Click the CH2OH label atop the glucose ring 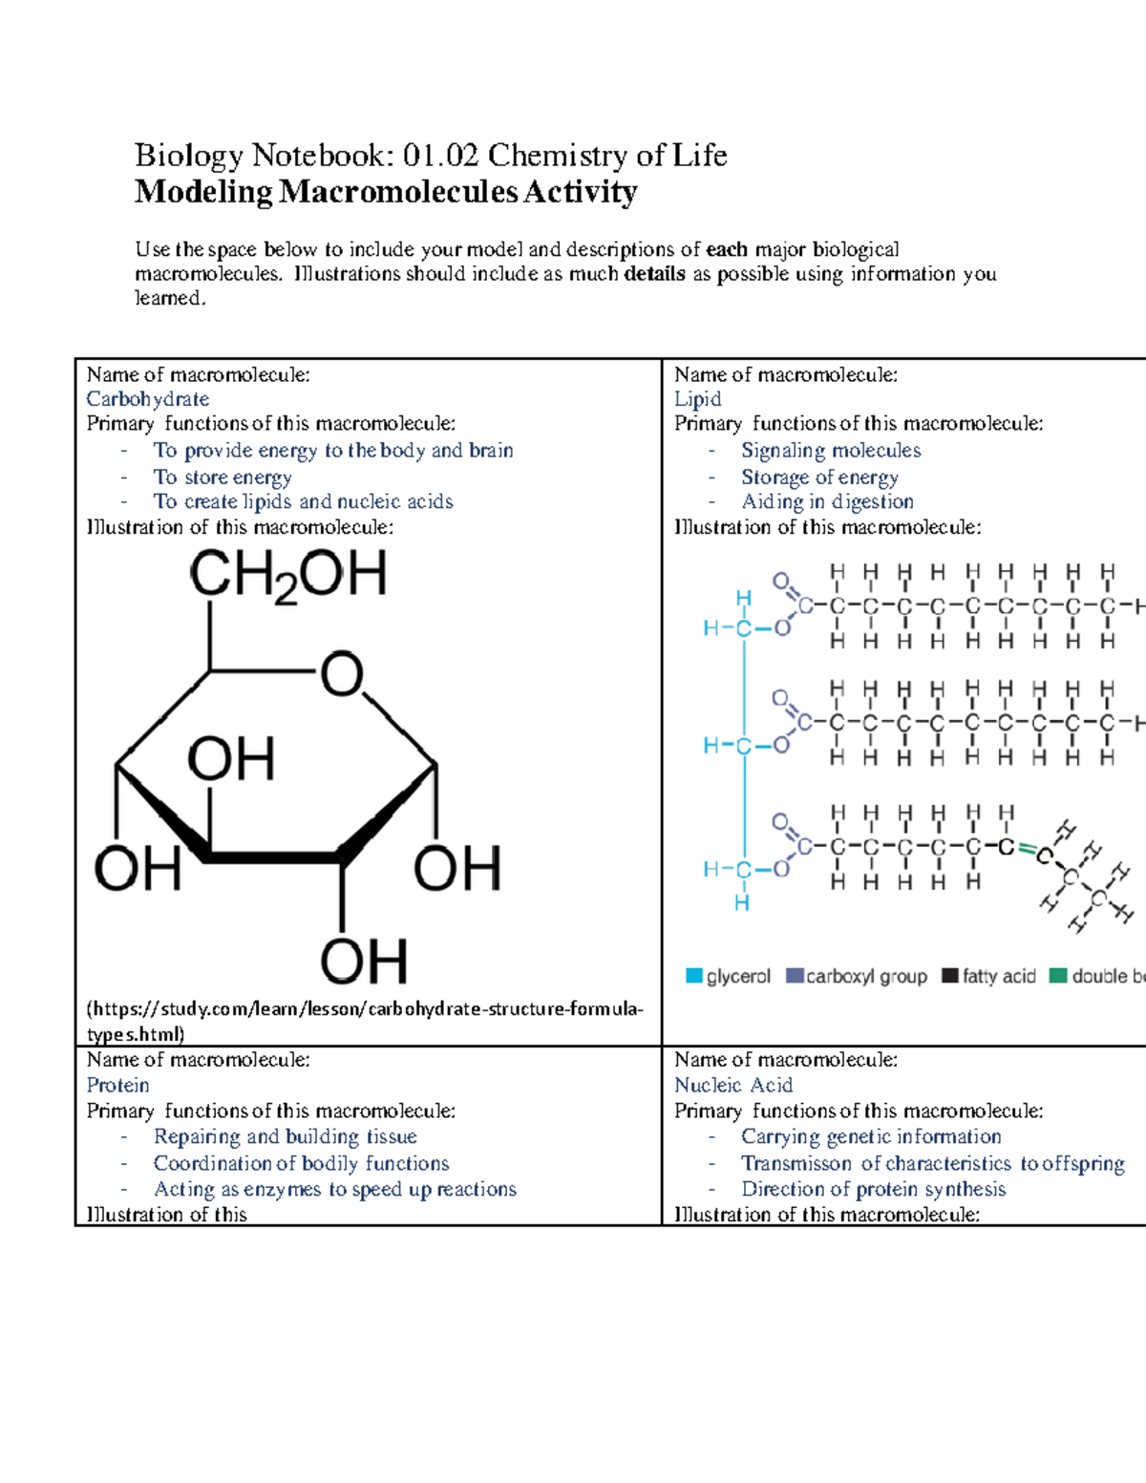(x=287, y=577)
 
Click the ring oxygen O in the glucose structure (x=341, y=674)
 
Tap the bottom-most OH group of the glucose (x=363, y=961)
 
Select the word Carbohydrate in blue (x=148, y=399)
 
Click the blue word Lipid (x=697, y=399)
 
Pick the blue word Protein (x=117, y=1086)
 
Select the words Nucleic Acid (x=732, y=1086)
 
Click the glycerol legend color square (x=694, y=976)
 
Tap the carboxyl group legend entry (x=857, y=976)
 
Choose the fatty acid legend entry (x=988, y=976)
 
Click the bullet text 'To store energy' (x=223, y=477)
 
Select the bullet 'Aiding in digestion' (x=827, y=501)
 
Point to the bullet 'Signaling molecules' (x=831, y=450)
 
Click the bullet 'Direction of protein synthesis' (x=873, y=1189)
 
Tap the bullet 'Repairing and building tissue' (x=285, y=1136)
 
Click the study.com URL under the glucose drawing (x=364, y=1010)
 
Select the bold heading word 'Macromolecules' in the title (x=397, y=192)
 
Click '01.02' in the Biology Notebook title (x=442, y=155)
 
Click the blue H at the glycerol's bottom (x=741, y=902)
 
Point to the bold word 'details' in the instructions (x=654, y=274)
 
